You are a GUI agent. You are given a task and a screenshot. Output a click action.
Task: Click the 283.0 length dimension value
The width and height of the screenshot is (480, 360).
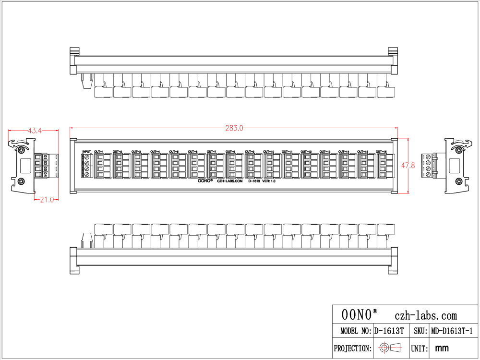(234, 128)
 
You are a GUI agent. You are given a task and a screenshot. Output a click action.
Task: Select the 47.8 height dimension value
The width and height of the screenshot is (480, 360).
(408, 166)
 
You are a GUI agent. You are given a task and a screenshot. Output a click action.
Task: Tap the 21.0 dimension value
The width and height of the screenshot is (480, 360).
(47, 200)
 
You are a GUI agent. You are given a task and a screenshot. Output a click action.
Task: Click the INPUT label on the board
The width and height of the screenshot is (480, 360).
(86, 152)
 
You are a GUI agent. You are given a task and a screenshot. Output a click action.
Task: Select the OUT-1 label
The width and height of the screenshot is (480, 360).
(99, 152)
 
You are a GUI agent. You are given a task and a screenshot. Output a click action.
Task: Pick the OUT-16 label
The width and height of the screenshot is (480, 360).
(381, 152)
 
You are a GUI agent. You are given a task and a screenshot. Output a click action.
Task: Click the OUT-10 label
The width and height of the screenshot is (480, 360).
(268, 152)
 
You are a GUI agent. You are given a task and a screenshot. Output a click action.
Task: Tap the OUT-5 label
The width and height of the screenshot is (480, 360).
(174, 152)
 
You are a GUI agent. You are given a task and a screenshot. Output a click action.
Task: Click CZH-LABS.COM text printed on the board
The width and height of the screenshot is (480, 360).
(230, 182)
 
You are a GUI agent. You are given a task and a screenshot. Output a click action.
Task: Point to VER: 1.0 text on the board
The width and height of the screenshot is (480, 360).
(269, 182)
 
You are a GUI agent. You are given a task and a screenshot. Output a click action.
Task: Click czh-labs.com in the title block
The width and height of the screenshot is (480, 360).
(425, 316)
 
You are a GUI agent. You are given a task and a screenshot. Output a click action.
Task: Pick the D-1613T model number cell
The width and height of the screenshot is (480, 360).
(389, 331)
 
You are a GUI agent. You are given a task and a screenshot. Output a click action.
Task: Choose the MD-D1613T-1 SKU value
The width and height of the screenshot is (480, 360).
(452, 331)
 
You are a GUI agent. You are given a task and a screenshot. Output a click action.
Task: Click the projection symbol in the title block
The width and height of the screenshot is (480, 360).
(390, 348)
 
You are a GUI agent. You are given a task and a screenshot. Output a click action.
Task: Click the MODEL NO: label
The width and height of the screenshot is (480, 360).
(356, 331)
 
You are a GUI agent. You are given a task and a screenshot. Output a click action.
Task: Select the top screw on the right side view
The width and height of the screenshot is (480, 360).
(459, 150)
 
